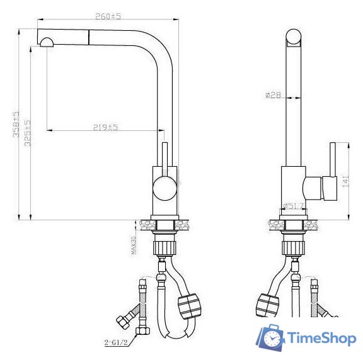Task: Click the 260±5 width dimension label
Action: [x=108, y=16]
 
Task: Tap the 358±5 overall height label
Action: [x=16, y=124]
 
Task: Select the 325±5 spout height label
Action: [x=28, y=133]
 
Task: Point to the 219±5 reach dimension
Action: [x=106, y=127]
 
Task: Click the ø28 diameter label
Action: [x=273, y=94]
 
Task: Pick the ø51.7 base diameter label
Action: [x=293, y=206]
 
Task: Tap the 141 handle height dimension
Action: [x=345, y=181]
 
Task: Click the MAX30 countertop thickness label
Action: [x=134, y=245]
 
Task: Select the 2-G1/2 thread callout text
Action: [x=116, y=342]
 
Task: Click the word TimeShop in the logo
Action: [x=322, y=338]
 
